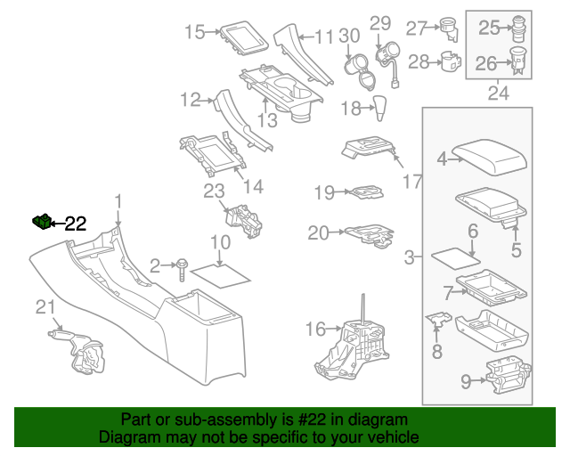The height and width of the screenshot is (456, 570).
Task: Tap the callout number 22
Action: (76, 224)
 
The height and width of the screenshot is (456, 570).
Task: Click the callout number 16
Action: (315, 330)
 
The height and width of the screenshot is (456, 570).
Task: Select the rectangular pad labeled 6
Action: (457, 258)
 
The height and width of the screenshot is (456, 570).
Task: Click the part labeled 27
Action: (448, 29)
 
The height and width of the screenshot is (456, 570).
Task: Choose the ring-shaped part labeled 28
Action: (451, 62)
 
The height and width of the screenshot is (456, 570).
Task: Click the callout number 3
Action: (409, 258)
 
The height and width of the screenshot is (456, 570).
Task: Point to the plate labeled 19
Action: (363, 191)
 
